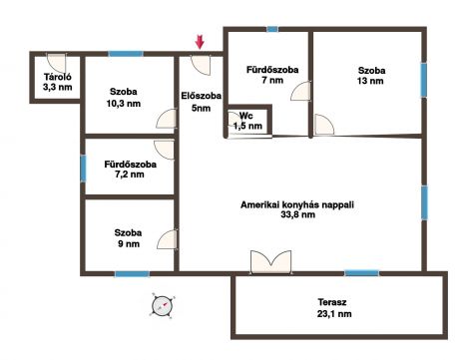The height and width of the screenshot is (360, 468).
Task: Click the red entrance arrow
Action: tap(200, 42)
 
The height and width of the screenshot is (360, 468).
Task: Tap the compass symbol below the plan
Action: tap(163, 305)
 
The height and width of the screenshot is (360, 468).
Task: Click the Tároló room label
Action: tap(58, 77)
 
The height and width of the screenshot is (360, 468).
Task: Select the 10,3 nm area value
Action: tap(124, 104)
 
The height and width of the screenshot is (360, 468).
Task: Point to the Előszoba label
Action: tap(202, 96)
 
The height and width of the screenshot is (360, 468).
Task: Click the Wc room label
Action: tap(246, 116)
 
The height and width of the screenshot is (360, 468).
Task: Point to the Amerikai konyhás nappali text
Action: tap(297, 204)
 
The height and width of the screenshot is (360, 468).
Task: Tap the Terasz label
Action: tap(332, 302)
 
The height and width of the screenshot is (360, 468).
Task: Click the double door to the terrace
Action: tap(270, 262)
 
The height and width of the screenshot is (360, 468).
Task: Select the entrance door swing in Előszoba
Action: tap(201, 65)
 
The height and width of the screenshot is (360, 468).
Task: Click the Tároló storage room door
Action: tap(56, 63)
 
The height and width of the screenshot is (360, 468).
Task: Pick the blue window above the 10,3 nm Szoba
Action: tap(126, 54)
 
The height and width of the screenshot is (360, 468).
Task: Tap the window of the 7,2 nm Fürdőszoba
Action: tap(83, 169)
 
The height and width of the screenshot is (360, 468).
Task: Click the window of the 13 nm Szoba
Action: tap(424, 80)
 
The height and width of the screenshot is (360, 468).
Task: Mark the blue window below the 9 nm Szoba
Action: tap(132, 274)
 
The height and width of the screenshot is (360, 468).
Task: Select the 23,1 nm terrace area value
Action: tap(334, 313)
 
